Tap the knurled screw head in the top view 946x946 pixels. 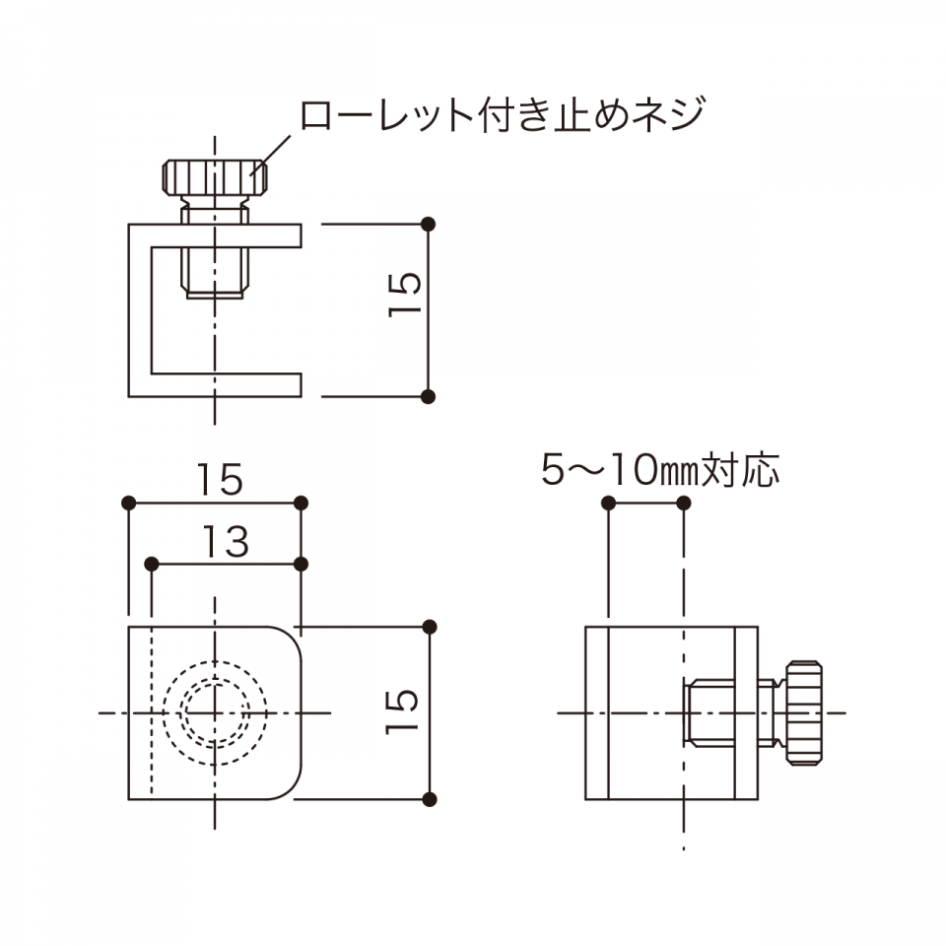click(x=215, y=177)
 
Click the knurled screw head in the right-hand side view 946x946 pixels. click(x=804, y=713)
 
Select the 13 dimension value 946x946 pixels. click(x=225, y=541)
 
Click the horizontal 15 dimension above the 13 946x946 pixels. click(x=220, y=480)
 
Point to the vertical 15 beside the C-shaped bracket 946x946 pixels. click(x=404, y=295)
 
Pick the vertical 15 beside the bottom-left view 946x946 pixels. click(x=401, y=711)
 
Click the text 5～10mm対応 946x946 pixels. click(x=660, y=469)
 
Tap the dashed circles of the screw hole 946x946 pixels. click(x=215, y=713)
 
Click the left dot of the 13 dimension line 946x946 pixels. click(x=152, y=564)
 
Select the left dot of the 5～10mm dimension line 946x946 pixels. click(x=609, y=503)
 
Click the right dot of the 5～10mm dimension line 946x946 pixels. click(x=684, y=503)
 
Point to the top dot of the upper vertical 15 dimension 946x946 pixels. click(x=428, y=225)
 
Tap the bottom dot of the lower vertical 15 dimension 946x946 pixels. click(x=430, y=800)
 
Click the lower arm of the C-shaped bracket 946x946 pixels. click(x=226, y=385)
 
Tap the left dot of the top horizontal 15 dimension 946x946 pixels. click(x=128, y=503)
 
